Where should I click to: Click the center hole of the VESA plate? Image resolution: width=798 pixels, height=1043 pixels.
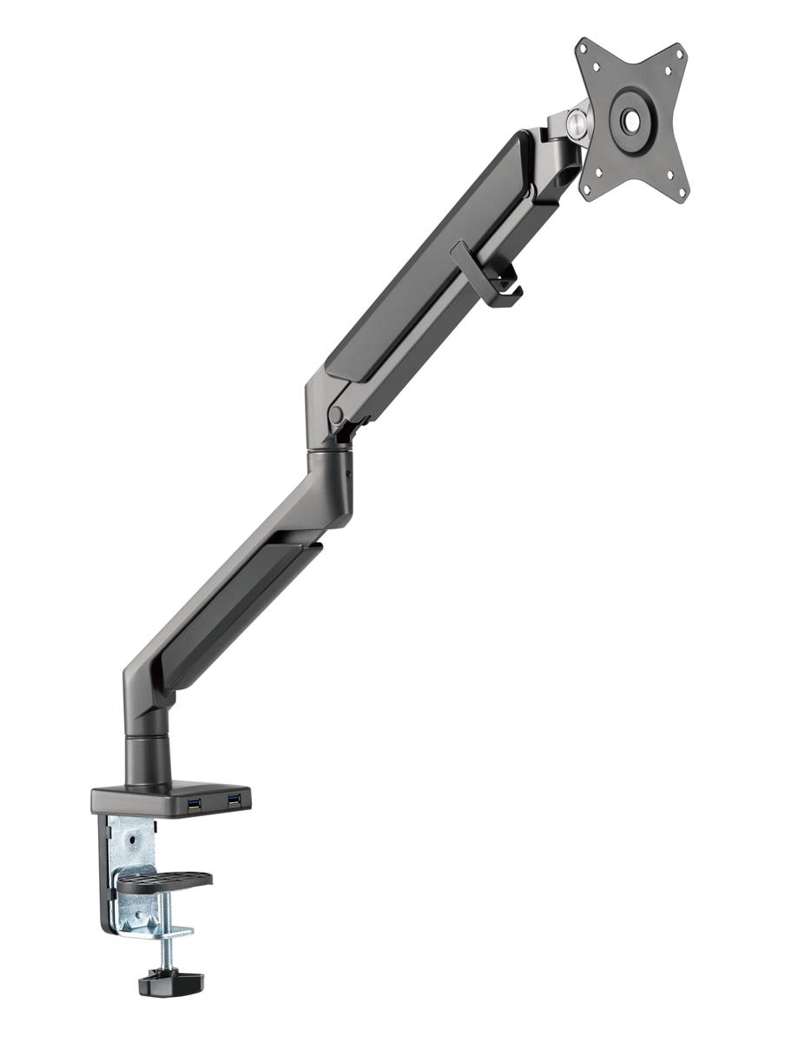coord(631,121)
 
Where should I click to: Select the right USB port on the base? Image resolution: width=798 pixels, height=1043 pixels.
coord(233,799)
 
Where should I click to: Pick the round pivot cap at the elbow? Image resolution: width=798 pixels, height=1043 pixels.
coord(336,415)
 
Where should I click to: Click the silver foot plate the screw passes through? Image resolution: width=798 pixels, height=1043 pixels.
coord(156,930)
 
